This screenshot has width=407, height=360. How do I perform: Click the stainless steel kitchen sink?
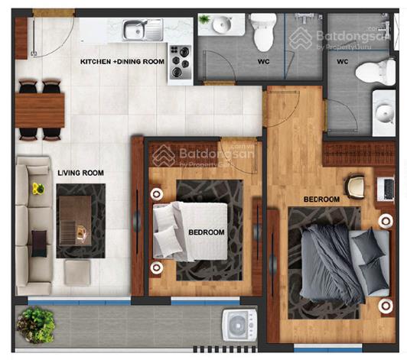[x=143, y=30]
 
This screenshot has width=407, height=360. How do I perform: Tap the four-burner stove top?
[x=181, y=62]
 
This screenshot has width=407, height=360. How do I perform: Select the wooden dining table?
[x=40, y=111]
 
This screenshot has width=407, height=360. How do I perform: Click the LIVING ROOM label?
[x=81, y=173]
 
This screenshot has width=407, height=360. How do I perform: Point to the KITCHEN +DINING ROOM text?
[x=122, y=62]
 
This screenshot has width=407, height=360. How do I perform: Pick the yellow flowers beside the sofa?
[x=38, y=188]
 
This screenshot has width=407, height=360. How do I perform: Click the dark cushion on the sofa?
[x=39, y=244]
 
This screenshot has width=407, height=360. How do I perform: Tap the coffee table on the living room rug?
[x=75, y=221]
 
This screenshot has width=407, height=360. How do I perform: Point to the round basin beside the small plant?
[x=222, y=25]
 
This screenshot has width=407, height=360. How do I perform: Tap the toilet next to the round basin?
[x=263, y=31]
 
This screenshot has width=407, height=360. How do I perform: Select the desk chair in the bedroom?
[x=355, y=186]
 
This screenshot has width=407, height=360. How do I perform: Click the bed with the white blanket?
[x=190, y=232]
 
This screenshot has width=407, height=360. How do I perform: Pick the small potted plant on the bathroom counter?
[x=204, y=18]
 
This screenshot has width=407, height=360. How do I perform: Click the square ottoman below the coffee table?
[x=77, y=271]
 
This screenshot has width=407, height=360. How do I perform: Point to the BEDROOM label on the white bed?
[x=207, y=232]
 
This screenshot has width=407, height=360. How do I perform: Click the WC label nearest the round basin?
[x=263, y=62]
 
